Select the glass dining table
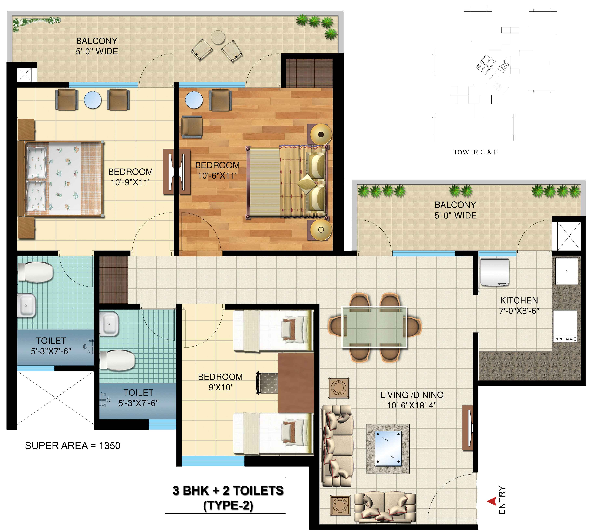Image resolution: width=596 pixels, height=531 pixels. click(374, 327)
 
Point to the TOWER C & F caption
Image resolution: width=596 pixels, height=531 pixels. click(475, 152)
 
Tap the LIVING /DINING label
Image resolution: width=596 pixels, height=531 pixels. click(411, 395)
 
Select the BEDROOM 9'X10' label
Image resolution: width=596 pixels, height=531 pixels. click(220, 382)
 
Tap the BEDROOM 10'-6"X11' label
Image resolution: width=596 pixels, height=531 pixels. click(217, 170)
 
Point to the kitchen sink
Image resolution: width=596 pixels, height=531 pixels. click(566, 271)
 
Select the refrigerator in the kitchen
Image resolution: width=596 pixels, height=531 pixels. click(494, 272)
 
